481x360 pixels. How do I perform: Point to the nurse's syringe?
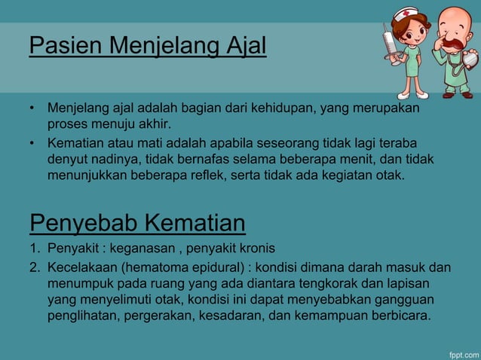(x=391, y=45)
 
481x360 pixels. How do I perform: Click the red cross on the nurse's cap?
(x=407, y=14)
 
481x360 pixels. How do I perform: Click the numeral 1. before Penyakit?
(x=35, y=249)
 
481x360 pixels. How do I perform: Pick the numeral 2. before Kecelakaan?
(x=35, y=267)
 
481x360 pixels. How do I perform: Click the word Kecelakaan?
(x=83, y=267)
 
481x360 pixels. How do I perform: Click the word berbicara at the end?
(x=400, y=315)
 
